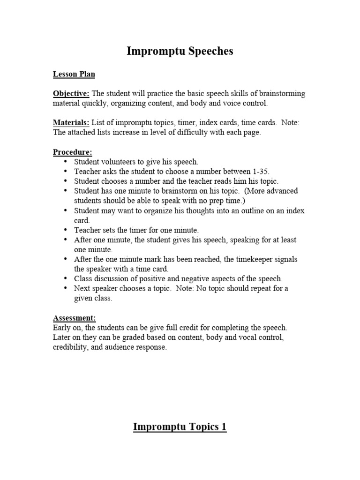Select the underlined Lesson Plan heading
coord(74,74)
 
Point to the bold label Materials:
coord(71,122)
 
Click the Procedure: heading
coord(73,152)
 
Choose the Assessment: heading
coord(75,318)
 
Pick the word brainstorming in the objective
coord(279,93)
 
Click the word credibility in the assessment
coord(71,347)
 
